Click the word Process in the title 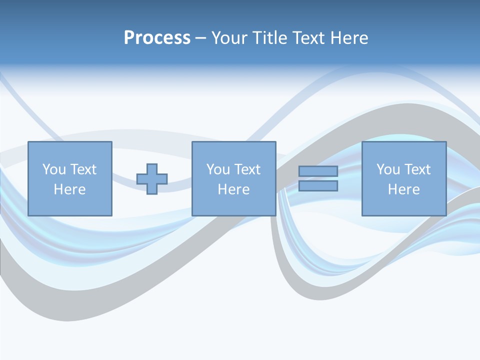click(157, 38)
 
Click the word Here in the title click(350, 38)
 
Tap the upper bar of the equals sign click(318, 171)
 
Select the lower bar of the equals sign click(318, 186)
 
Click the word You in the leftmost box click(53, 169)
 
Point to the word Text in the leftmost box click(82, 169)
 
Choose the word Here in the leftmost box click(69, 189)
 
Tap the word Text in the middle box click(246, 169)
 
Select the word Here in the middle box click(233, 189)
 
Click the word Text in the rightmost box click(416, 169)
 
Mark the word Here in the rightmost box click(403, 189)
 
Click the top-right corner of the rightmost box click(446, 142)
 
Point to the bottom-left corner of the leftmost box click(28, 215)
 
